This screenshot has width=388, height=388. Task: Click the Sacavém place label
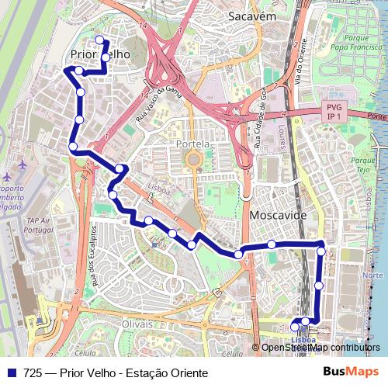253,16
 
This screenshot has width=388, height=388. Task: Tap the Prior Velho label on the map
99,55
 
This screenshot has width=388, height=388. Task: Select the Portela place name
193,144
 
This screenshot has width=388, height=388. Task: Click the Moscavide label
279,214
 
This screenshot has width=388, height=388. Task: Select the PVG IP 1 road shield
334,111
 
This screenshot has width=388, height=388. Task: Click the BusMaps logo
351,372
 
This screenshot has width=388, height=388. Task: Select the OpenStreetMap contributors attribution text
320,348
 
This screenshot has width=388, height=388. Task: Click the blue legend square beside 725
11,373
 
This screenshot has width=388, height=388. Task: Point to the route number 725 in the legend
33,373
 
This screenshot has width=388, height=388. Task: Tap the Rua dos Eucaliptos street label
91,255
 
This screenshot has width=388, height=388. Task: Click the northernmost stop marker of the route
99,40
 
